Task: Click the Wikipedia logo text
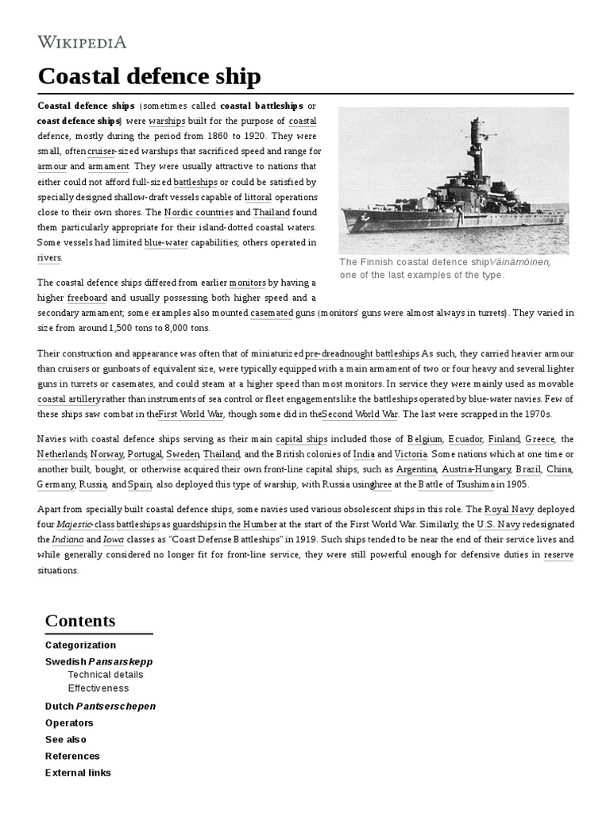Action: tap(82, 42)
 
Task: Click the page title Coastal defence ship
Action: tap(149, 76)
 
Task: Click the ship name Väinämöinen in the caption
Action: tap(521, 262)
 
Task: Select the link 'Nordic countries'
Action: tap(199, 213)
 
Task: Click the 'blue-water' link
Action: tap(166, 243)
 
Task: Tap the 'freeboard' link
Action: tap(93, 299)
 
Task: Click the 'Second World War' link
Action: tap(361, 414)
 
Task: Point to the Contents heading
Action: tap(80, 621)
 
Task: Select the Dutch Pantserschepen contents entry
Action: tap(100, 706)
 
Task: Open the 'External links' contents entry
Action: tap(78, 773)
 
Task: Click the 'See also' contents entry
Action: tap(66, 739)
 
